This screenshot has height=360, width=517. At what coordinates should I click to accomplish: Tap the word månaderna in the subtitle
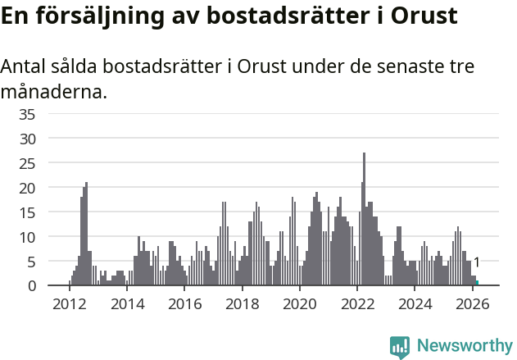tap(53, 91)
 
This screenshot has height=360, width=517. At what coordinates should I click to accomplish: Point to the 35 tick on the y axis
tap(27, 114)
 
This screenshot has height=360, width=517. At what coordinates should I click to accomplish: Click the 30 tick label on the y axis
tap(27, 139)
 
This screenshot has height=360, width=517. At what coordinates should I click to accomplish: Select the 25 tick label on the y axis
tap(27, 163)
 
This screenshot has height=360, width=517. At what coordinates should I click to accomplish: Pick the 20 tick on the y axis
tap(27, 188)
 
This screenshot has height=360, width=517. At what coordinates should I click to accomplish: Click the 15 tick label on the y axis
tap(27, 212)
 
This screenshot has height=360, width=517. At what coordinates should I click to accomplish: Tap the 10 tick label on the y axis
tap(27, 237)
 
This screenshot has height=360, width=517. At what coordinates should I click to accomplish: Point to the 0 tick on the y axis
tap(31, 285)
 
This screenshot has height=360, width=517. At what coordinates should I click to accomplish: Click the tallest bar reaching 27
tap(364, 221)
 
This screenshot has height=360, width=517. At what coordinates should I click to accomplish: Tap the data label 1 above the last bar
tap(477, 262)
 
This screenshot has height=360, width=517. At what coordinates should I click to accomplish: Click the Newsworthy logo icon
tap(400, 347)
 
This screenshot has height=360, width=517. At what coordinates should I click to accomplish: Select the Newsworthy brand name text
tap(464, 346)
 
